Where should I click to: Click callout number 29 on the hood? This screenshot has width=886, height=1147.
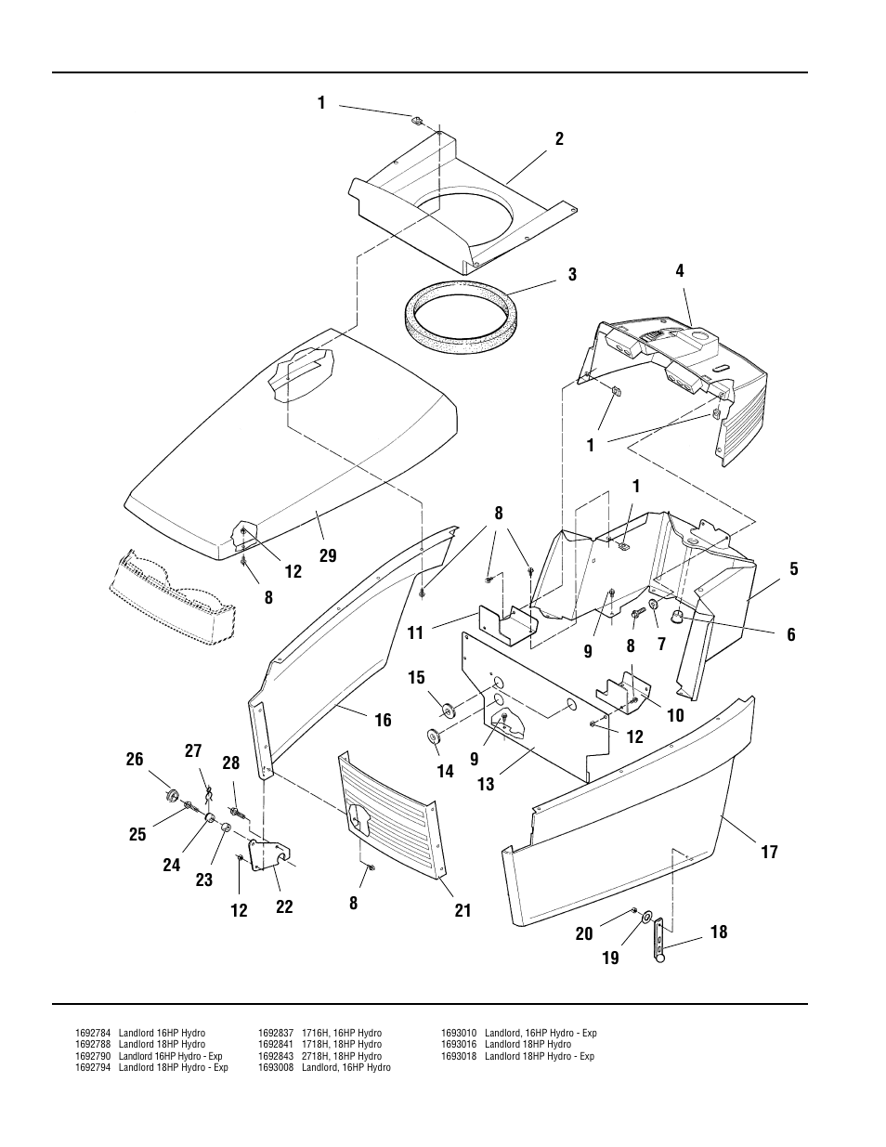point(327,556)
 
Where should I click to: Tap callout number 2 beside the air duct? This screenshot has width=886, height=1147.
point(559,139)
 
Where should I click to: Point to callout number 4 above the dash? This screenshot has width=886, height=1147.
point(680,271)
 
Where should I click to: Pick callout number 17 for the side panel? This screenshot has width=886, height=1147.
point(769,852)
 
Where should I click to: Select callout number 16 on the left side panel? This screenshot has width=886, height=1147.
point(383,720)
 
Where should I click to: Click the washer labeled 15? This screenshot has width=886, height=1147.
point(450,710)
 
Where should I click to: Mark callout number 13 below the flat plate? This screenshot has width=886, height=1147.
point(486,785)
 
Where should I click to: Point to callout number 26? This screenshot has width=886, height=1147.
point(136,760)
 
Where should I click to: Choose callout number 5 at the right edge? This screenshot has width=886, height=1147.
point(794,569)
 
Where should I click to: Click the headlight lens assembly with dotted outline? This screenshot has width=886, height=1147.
point(172,598)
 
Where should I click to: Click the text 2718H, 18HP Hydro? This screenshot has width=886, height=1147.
point(341,1056)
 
